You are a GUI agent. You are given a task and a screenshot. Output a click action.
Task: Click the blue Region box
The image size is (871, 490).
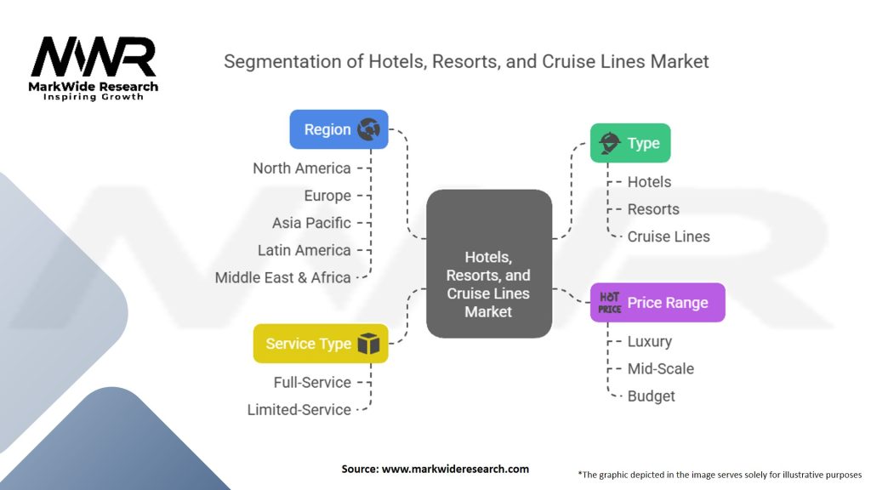pos(339,129)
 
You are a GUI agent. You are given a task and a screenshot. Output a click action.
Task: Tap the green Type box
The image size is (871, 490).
pos(630,143)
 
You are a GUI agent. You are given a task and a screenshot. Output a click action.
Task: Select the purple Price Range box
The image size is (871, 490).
pos(658,302)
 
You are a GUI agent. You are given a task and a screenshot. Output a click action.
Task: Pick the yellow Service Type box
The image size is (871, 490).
pos(321,344)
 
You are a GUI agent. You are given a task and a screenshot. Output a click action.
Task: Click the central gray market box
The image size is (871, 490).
pos(489,264)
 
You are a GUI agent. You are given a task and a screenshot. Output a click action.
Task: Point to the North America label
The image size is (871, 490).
pos(302,168)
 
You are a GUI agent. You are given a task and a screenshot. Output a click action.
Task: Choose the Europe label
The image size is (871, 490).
pos(327,196)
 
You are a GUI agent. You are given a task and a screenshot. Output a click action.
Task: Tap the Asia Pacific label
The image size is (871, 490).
pos(311,223)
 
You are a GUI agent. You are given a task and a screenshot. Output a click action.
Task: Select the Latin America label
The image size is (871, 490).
pos(304,250)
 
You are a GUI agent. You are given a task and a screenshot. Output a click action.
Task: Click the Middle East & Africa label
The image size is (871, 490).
pos(282,277)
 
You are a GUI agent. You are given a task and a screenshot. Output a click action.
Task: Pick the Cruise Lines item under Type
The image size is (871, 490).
pos(669,236)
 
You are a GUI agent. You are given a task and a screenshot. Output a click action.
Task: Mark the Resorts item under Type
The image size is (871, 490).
pos(653,209)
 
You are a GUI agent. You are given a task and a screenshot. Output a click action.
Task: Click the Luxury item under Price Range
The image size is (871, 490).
pos(649,341)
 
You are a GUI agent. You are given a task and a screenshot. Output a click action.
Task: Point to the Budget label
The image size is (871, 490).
pos(651,396)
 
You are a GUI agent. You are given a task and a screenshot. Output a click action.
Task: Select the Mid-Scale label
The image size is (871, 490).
pos(660,368)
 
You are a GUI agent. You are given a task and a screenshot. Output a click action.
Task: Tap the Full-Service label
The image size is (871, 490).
pos(312,382)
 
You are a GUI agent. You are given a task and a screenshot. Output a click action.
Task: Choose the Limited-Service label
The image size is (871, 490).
pos(299,409)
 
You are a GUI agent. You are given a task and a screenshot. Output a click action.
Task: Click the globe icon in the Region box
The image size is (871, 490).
pos(369,129)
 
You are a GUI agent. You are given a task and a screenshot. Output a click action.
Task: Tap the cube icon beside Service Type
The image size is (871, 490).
pos(368,344)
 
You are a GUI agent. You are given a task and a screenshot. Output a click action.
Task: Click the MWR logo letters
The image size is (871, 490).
pos(94,56)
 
